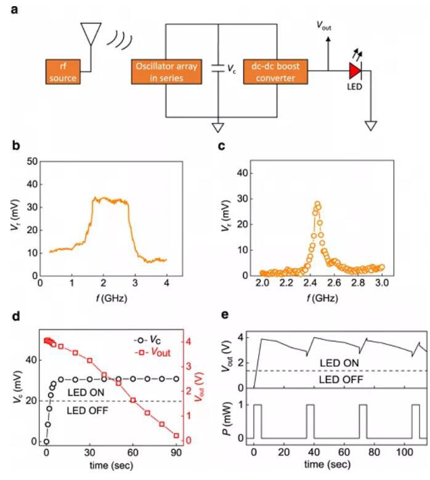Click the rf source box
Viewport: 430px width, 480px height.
[63, 72]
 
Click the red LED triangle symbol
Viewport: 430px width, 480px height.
[355, 72]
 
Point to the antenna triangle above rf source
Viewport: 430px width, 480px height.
[91, 34]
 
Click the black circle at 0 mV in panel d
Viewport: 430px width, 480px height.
[46, 441]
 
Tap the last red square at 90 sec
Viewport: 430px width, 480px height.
[176, 436]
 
